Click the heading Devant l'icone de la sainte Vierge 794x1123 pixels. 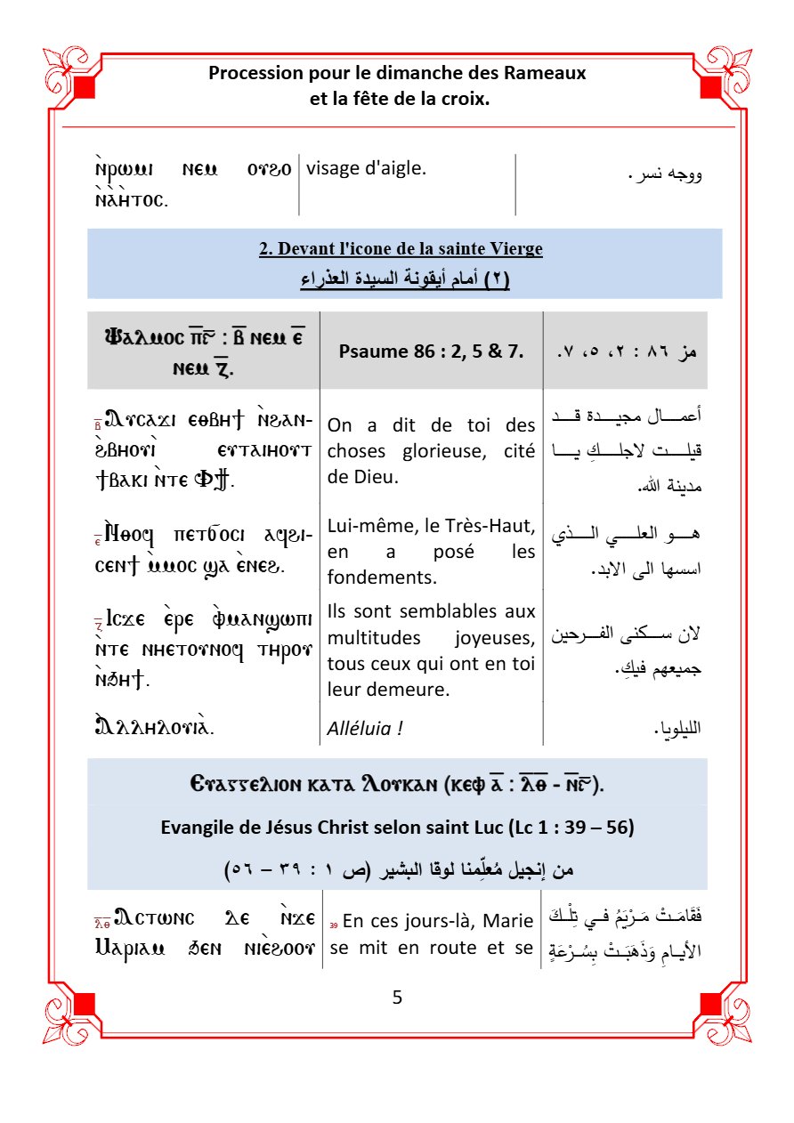[401, 249]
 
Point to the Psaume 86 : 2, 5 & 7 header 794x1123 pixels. [431, 351]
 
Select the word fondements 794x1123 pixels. [375, 577]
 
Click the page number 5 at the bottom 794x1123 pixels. [397, 998]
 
